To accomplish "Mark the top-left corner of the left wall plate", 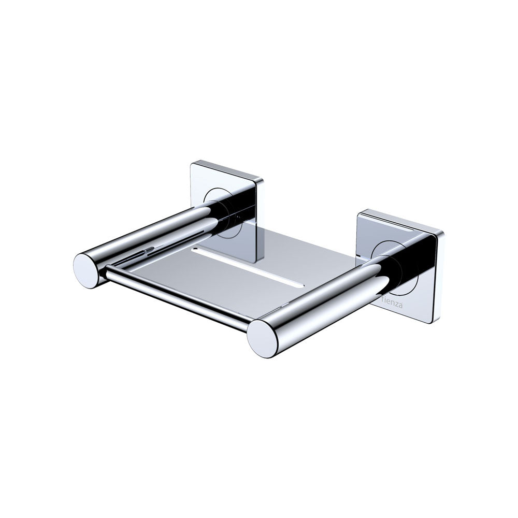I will point(191,165).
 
